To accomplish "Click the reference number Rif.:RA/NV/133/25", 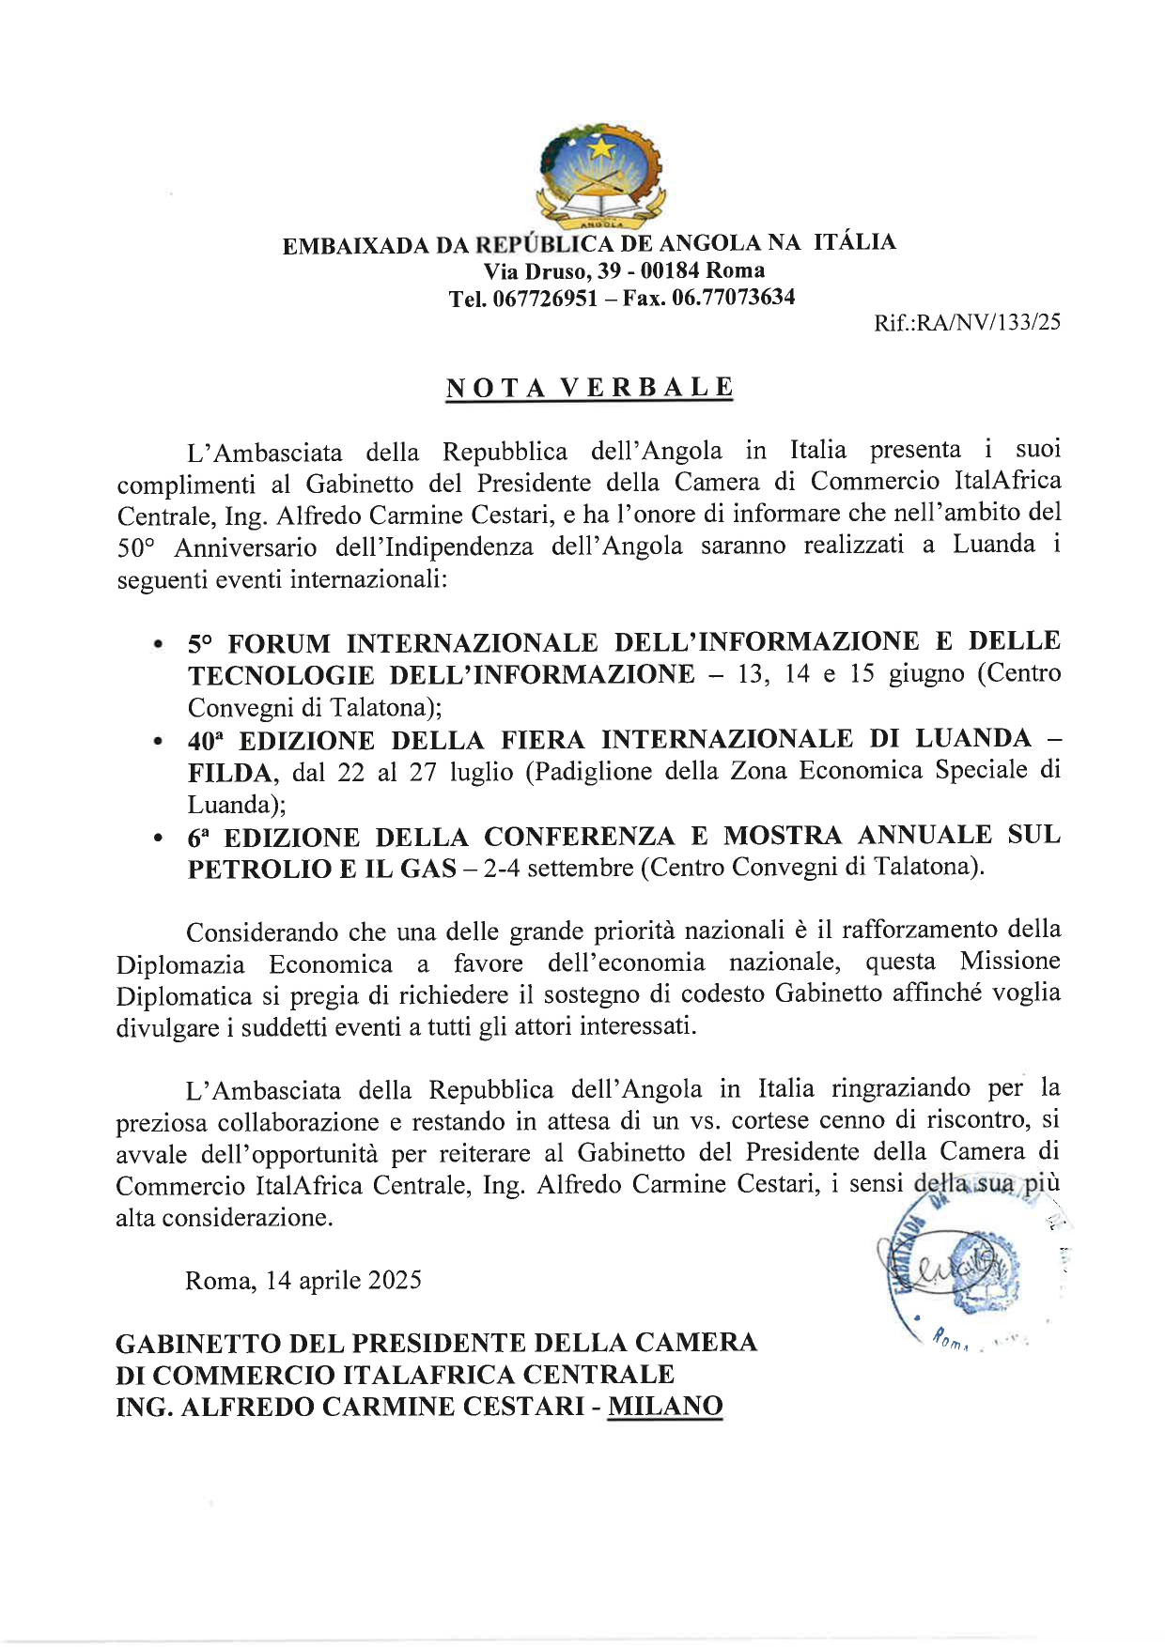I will click(x=967, y=323).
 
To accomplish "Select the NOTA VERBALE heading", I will click(x=589, y=388).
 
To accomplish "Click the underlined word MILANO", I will click(x=665, y=1407).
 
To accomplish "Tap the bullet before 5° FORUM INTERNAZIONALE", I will click(x=159, y=646).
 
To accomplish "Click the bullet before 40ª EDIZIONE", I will click(x=159, y=743).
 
